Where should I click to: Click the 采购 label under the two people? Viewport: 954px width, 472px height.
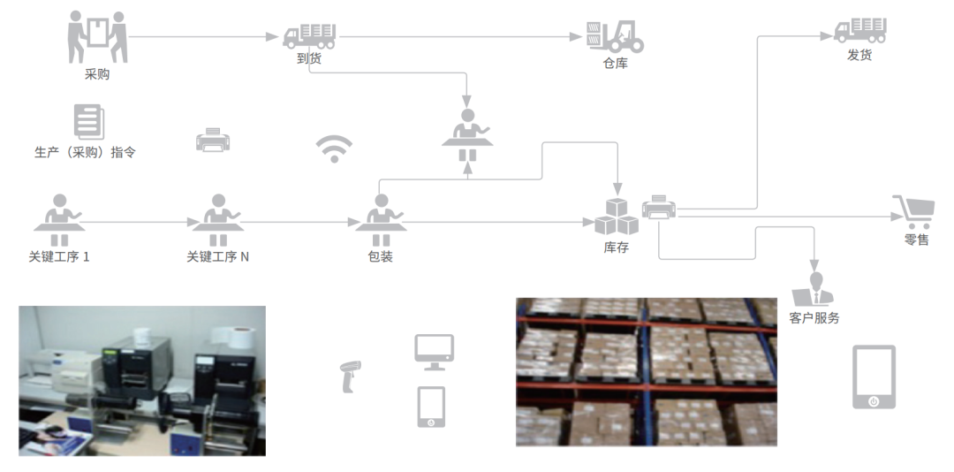pyautogui.click(x=97, y=75)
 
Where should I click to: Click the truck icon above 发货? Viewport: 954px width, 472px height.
pyautogui.click(x=860, y=30)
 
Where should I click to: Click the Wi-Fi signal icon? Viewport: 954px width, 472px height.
pyautogui.click(x=334, y=149)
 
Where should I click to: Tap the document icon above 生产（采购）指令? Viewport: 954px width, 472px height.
pyautogui.click(x=87, y=122)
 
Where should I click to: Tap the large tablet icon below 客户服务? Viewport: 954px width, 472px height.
pyautogui.click(x=874, y=377)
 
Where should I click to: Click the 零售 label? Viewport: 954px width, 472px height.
pyautogui.click(x=916, y=240)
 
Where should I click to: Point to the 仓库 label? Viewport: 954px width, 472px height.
pyautogui.click(x=615, y=64)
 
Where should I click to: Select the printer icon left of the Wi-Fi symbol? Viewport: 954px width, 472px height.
pyautogui.click(x=213, y=140)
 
